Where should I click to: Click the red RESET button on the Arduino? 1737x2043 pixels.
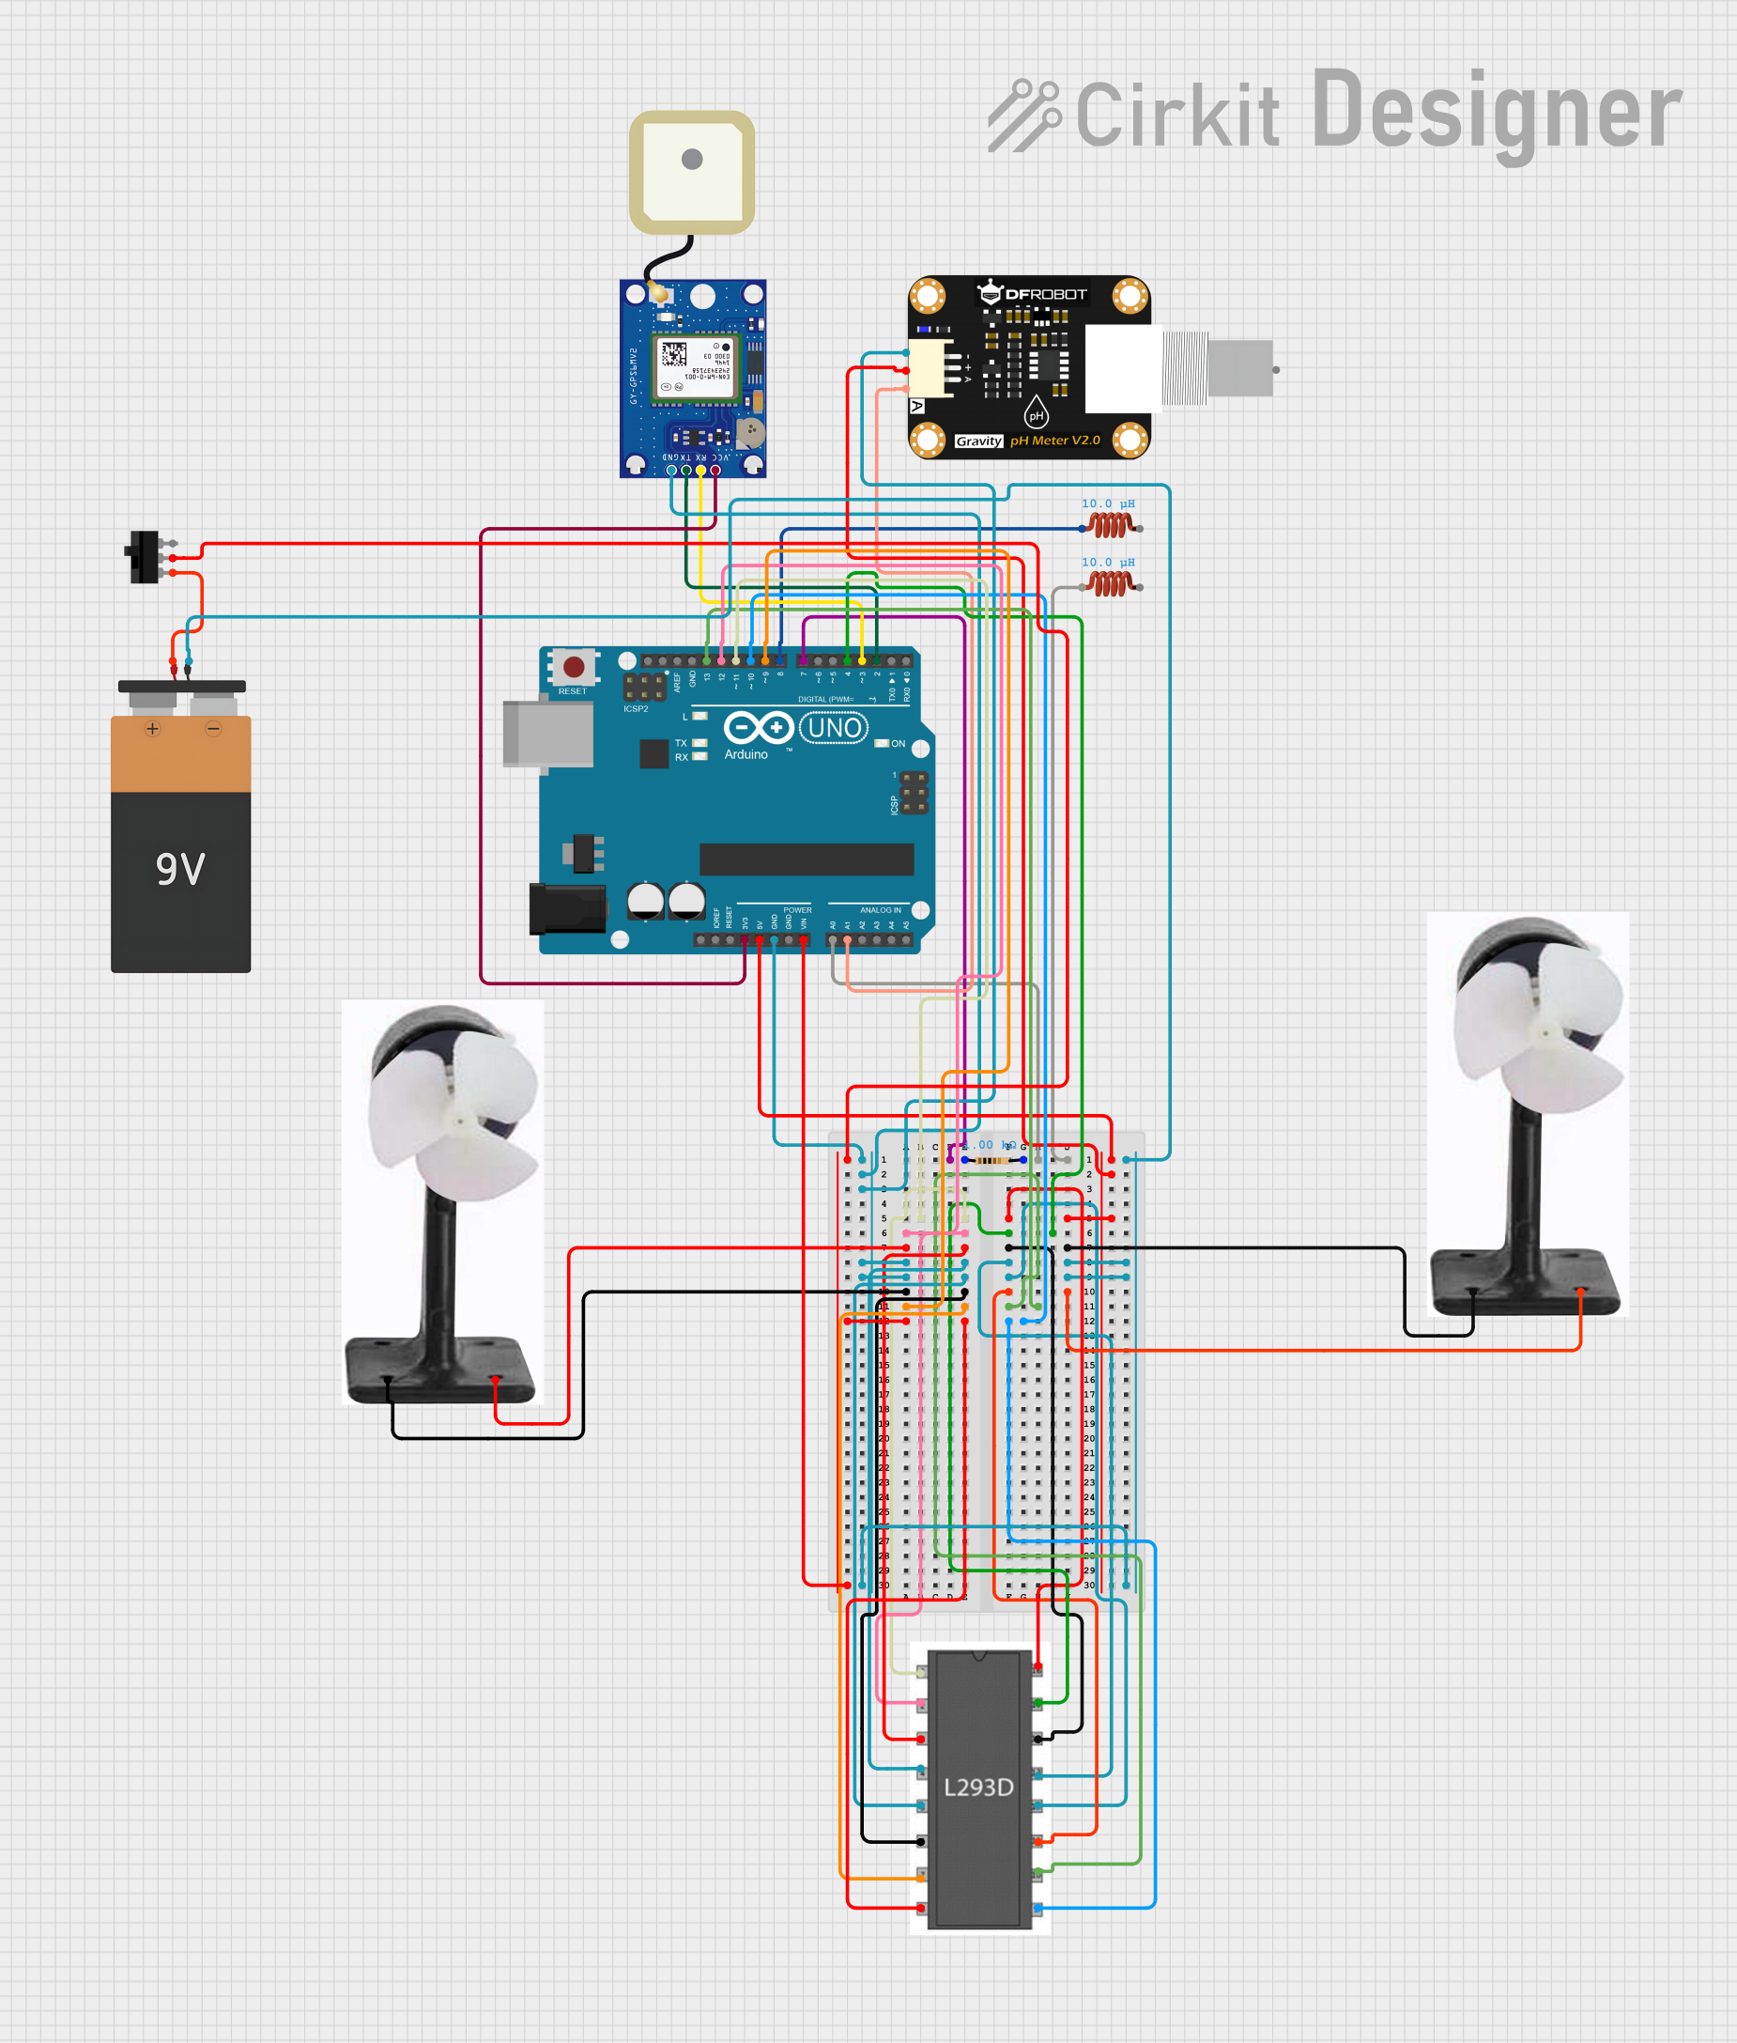[573, 667]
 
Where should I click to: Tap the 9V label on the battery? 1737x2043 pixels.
[180, 869]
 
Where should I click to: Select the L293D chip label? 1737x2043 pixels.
[977, 1787]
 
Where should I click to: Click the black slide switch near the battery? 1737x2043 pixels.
[145, 557]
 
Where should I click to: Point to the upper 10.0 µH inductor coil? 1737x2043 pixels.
[1111, 526]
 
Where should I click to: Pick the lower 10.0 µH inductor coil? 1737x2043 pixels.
[1111, 584]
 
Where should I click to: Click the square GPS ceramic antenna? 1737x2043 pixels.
[692, 173]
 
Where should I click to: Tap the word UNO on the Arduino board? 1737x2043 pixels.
[834, 728]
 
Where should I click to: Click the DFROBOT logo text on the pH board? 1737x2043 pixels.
[1045, 295]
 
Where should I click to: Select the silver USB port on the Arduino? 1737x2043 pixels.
[547, 734]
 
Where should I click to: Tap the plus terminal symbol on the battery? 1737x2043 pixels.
[152, 729]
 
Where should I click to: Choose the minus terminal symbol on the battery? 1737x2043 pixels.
[213, 729]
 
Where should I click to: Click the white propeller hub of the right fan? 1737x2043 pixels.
[1543, 1033]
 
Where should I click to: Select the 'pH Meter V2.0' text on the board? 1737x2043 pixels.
[1054, 441]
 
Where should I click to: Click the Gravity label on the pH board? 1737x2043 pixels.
[977, 441]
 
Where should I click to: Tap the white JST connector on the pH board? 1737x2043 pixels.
[931, 368]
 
